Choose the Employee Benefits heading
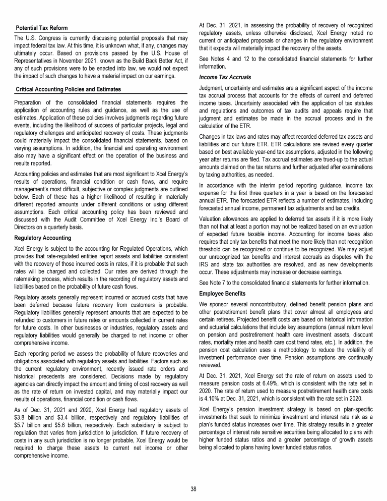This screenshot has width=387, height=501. (x=222, y=293)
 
